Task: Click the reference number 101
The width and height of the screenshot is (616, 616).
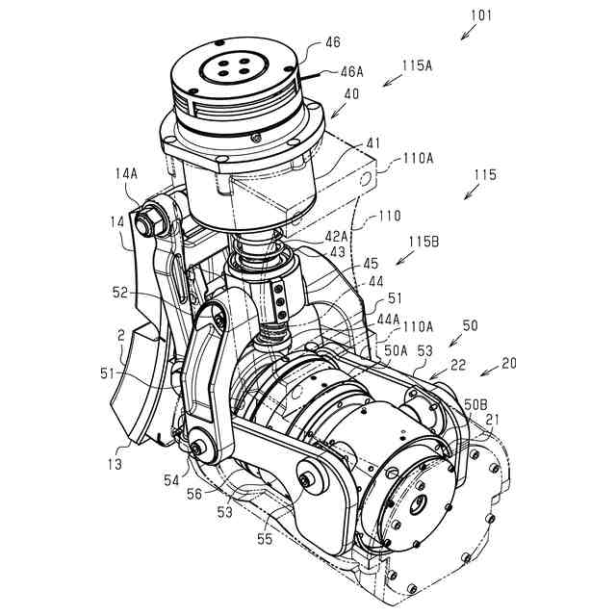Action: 481,15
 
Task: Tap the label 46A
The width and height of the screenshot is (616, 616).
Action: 352,71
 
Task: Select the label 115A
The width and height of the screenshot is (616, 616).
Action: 417,65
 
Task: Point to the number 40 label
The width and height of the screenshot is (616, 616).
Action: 351,94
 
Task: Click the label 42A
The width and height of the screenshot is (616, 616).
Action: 336,236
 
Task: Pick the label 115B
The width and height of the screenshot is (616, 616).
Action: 423,242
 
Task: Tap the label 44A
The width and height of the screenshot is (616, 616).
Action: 388,319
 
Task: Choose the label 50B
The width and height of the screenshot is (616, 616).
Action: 475,404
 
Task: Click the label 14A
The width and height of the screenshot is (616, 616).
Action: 126,173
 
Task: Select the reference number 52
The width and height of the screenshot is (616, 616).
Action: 120,293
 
